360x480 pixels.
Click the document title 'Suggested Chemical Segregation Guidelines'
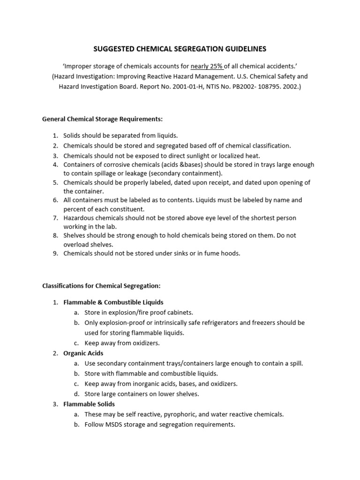tap(180, 49)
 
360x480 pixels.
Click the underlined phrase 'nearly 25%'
tap(207, 66)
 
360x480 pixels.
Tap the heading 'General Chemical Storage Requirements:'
tap(102, 119)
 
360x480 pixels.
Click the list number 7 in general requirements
tap(55, 218)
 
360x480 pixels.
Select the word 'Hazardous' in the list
tap(79, 218)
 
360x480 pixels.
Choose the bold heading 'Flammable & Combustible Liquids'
tap(113, 302)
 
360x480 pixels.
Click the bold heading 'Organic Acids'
tap(83, 353)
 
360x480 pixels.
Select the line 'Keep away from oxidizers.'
tap(122, 343)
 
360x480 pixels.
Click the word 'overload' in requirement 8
tap(76, 244)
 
